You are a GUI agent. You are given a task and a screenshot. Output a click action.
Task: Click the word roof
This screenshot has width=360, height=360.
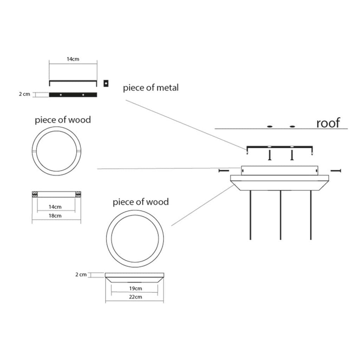pyautogui.click(x=328, y=123)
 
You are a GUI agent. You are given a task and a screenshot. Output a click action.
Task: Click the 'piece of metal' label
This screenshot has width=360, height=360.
pyautogui.click(x=150, y=88)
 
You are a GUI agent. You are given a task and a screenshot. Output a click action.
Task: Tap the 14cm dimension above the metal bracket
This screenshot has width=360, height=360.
pyautogui.click(x=73, y=59)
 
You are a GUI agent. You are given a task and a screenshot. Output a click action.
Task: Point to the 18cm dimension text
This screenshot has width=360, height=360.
pyautogui.click(x=55, y=216)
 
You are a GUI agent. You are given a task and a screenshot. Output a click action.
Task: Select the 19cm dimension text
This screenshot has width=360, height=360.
pyautogui.click(x=135, y=288)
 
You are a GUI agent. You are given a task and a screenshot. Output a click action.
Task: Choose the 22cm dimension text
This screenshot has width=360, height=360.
pyautogui.click(x=135, y=297)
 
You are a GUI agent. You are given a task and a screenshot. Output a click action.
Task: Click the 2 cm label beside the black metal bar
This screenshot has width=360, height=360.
pyautogui.click(x=24, y=94)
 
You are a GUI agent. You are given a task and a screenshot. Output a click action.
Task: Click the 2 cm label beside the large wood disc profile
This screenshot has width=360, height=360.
pyautogui.click(x=81, y=275)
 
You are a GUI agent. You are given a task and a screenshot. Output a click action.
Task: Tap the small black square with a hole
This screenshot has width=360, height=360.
pyautogui.click(x=106, y=83)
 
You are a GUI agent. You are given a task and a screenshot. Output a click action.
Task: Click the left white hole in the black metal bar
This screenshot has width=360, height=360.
pyautogui.click(x=61, y=95)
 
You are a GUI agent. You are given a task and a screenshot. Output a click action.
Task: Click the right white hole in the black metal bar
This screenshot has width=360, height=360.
pyautogui.click(x=83, y=95)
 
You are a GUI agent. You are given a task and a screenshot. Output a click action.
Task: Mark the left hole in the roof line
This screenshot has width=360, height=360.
pyautogui.click(x=270, y=127)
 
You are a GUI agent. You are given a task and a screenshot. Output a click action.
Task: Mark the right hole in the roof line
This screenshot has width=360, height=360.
pyautogui.click(x=292, y=127)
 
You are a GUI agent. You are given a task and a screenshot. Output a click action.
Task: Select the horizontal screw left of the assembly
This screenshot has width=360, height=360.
pyautogui.click(x=224, y=171)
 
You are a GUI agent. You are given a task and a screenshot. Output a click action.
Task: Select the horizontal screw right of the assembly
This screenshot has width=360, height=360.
pyautogui.click(x=336, y=171)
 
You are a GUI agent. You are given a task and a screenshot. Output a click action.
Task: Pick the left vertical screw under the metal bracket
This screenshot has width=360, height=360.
pyautogui.click(x=270, y=155)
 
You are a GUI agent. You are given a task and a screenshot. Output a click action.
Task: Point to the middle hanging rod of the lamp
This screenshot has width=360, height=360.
pyautogui.click(x=280, y=215)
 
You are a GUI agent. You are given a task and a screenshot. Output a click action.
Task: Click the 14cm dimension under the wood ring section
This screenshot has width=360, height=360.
pyautogui.click(x=55, y=207)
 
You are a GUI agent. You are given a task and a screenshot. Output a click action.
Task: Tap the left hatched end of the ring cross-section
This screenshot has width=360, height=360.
pyautogui.click(x=35, y=194)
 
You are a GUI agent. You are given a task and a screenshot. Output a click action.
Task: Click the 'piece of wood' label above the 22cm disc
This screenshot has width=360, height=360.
pyautogui.click(x=141, y=202)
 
